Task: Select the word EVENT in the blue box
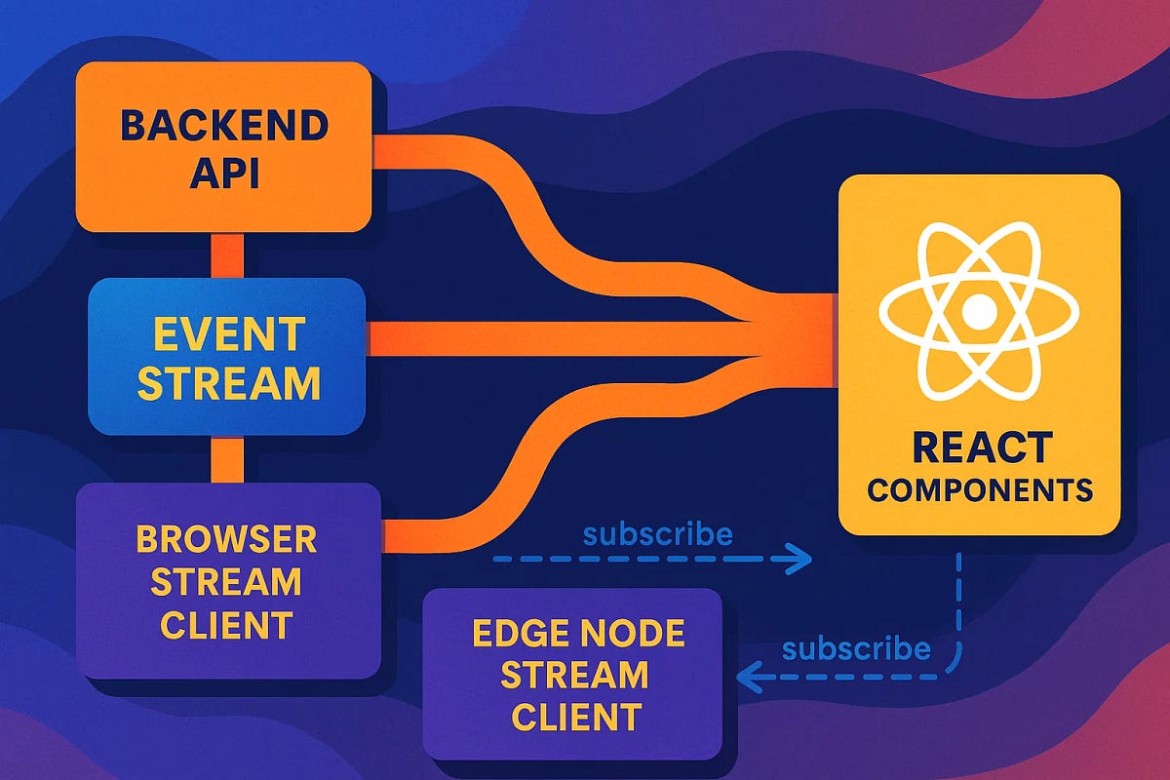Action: (x=228, y=335)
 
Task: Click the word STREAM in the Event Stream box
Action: (x=228, y=383)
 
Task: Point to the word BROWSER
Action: (x=226, y=539)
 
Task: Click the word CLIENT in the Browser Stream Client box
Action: (x=226, y=624)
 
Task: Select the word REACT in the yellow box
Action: (x=982, y=448)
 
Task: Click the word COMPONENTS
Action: (x=980, y=490)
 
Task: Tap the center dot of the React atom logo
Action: (x=979, y=312)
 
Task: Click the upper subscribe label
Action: (x=657, y=534)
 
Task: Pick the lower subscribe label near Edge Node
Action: (x=856, y=648)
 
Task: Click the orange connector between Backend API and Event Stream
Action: (x=226, y=254)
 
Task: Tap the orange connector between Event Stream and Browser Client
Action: (x=226, y=459)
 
